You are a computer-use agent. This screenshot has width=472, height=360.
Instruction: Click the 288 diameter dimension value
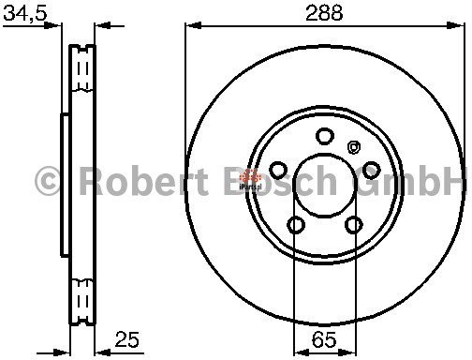tap(324, 13)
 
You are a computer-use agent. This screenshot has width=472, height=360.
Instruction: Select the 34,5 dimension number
tap(25, 13)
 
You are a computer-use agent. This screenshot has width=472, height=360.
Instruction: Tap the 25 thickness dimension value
tap(126, 339)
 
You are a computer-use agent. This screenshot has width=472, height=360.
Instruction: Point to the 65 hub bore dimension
tap(325, 339)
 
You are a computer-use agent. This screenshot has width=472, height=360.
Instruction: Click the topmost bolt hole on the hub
tap(325, 136)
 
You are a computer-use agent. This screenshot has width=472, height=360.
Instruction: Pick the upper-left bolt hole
tap(278, 171)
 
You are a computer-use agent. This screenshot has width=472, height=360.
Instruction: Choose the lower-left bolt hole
tap(296, 225)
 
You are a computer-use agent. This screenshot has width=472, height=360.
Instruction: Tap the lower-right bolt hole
tap(354, 225)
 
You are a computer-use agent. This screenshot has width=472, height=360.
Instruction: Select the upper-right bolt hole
tap(372, 170)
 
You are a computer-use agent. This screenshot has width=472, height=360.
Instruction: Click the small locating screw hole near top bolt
tap(354, 147)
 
